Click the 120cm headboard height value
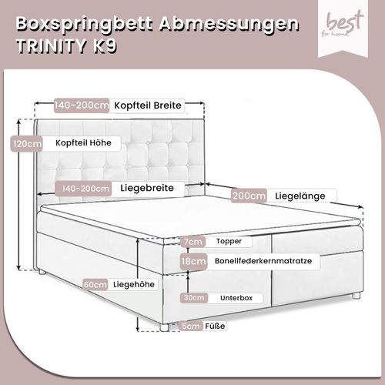coord(27,144)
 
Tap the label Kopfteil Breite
coord(148,105)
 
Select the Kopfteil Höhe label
coord(83,142)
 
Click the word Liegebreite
coord(147,188)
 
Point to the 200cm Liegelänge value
coord(249,196)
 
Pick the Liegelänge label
coord(300,196)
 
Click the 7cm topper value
coord(193,242)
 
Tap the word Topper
coord(229,241)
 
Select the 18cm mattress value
coord(193,261)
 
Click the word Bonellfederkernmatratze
coord(263,261)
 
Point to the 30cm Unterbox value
coord(194,298)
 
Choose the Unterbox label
coord(236,298)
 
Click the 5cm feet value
coord(190,326)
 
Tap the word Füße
coord(215,326)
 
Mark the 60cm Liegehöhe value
coord(95,285)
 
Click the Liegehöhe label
coord(134,284)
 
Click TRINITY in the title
coord(52,46)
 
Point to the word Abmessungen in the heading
coord(229,25)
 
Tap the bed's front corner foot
coord(164,327)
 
